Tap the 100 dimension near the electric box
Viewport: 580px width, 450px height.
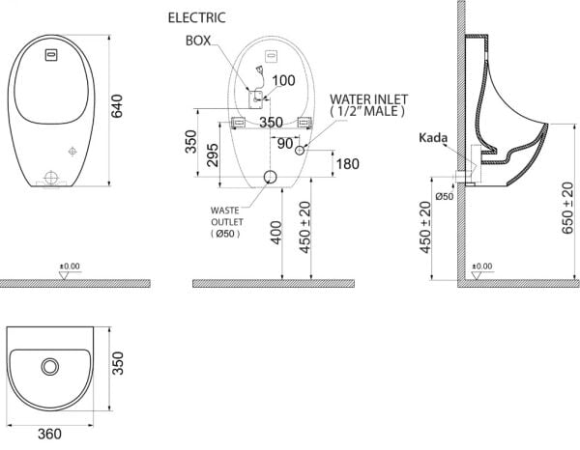(x=281, y=81)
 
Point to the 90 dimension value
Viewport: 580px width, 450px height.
(x=285, y=143)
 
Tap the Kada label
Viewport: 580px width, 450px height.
(x=432, y=139)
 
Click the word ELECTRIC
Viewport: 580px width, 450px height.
(x=197, y=17)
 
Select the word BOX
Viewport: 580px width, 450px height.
(x=198, y=41)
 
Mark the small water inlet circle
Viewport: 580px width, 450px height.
(x=301, y=151)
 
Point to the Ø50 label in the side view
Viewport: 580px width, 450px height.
(x=444, y=197)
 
